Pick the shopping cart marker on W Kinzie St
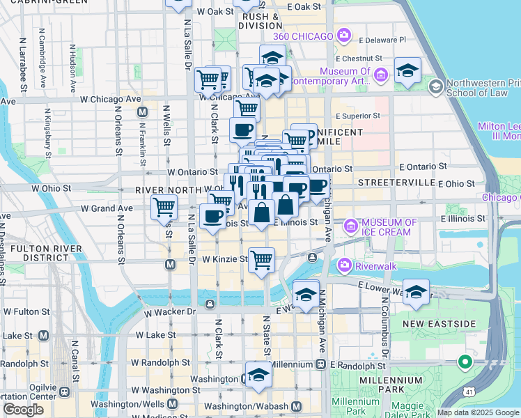point(261,261)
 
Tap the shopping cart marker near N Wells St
point(164,206)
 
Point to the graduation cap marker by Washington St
point(258,375)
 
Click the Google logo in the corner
point(22,410)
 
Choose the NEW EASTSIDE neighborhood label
point(440,324)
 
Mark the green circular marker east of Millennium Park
point(465,362)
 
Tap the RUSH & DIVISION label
point(262,21)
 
